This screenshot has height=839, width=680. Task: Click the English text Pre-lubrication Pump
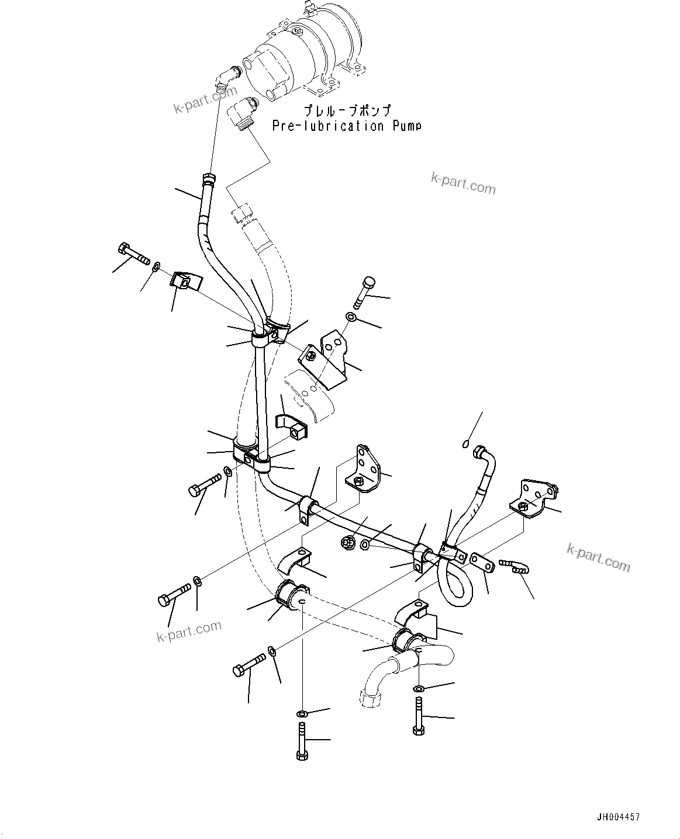tap(346, 126)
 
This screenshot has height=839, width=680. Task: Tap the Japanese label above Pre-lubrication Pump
tap(346, 110)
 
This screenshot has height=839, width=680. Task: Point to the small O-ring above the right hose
tap(465, 443)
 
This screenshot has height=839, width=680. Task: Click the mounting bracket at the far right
tap(536, 497)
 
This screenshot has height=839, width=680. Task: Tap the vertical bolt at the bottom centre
tap(301, 741)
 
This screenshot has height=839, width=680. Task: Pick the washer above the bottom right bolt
tap(419, 688)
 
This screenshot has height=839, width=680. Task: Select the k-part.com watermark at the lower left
tap(189, 631)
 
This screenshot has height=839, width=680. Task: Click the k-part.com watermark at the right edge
tap(598, 556)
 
